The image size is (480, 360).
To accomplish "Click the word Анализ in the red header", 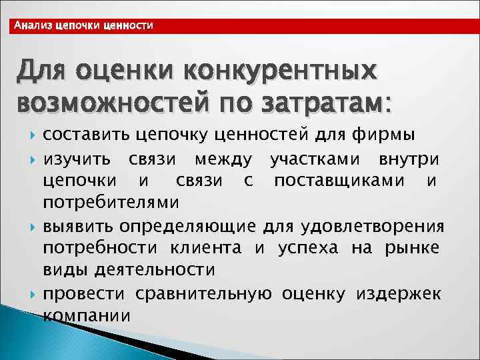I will [x=34, y=26].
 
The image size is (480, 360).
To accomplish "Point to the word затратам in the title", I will [x=327, y=103].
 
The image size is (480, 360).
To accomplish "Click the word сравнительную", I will [x=204, y=293].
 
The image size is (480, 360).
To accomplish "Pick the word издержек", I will [x=399, y=293].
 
